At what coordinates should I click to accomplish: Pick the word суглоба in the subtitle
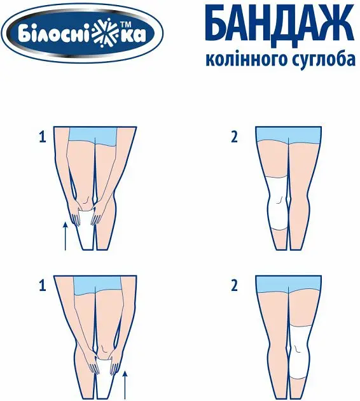pyautogui.click(x=322, y=60)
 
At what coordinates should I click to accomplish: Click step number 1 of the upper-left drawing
pyautogui.click(x=43, y=136)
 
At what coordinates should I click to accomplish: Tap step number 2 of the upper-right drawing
pyautogui.click(x=233, y=136)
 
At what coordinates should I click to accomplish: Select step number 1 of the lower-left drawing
pyautogui.click(x=43, y=286)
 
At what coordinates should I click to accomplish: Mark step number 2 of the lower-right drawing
pyautogui.click(x=233, y=286)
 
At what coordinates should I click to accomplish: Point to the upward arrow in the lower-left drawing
pyautogui.click(x=125, y=384)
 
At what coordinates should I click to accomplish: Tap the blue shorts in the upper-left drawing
pyautogui.click(x=95, y=135)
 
